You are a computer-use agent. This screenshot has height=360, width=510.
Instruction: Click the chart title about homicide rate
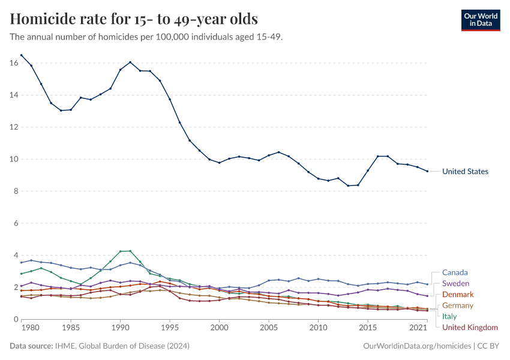click(134, 19)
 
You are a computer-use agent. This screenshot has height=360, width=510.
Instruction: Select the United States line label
click(465, 172)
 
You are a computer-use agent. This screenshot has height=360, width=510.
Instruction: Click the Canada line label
click(455, 272)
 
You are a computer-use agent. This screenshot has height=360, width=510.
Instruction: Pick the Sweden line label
click(455, 283)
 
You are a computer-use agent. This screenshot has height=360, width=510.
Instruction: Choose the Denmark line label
click(458, 295)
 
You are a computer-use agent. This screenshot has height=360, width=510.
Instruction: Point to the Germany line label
click(458, 305)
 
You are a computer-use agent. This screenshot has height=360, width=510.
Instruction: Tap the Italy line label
click(449, 316)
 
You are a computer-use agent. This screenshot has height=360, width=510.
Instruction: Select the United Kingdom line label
click(470, 327)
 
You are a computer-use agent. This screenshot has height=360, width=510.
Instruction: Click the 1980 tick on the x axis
click(31, 329)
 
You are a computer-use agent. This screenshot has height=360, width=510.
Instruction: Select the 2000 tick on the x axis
click(219, 329)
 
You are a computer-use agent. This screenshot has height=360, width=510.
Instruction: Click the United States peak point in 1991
click(130, 62)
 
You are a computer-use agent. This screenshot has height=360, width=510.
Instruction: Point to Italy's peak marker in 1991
click(130, 251)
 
